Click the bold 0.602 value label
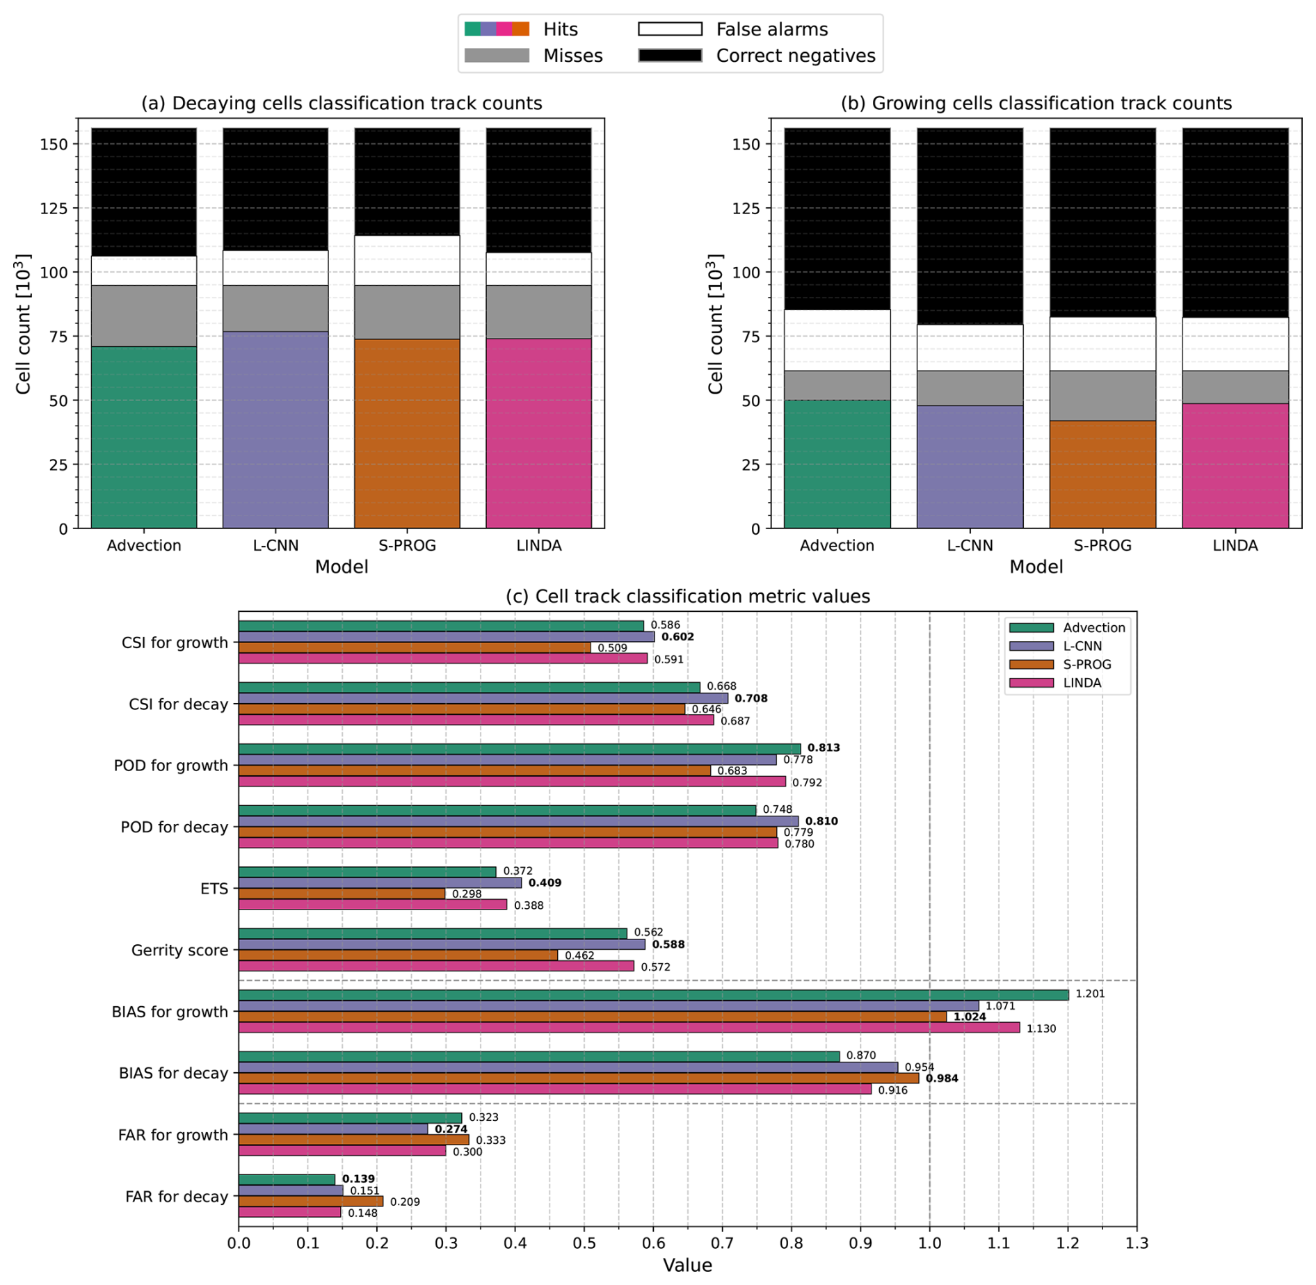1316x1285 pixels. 677,637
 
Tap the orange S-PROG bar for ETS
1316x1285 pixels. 342,894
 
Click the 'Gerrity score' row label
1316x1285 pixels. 179,950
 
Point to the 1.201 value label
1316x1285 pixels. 1089,994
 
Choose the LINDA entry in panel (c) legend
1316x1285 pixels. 1082,683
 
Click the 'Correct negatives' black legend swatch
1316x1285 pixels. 670,56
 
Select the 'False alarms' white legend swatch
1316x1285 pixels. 670,29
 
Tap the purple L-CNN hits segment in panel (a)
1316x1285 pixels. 275,429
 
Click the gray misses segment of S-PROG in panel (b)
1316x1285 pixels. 1102,395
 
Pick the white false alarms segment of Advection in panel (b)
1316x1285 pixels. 837,340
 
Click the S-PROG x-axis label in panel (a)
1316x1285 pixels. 407,545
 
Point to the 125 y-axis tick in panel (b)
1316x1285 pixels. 748,208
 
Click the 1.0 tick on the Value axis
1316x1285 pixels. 929,1242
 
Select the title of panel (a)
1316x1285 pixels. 342,104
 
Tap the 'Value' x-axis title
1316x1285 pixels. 687,1265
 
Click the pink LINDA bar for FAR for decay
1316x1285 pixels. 289,1212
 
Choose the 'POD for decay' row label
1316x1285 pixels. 174,827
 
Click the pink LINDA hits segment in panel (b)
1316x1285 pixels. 1235,465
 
